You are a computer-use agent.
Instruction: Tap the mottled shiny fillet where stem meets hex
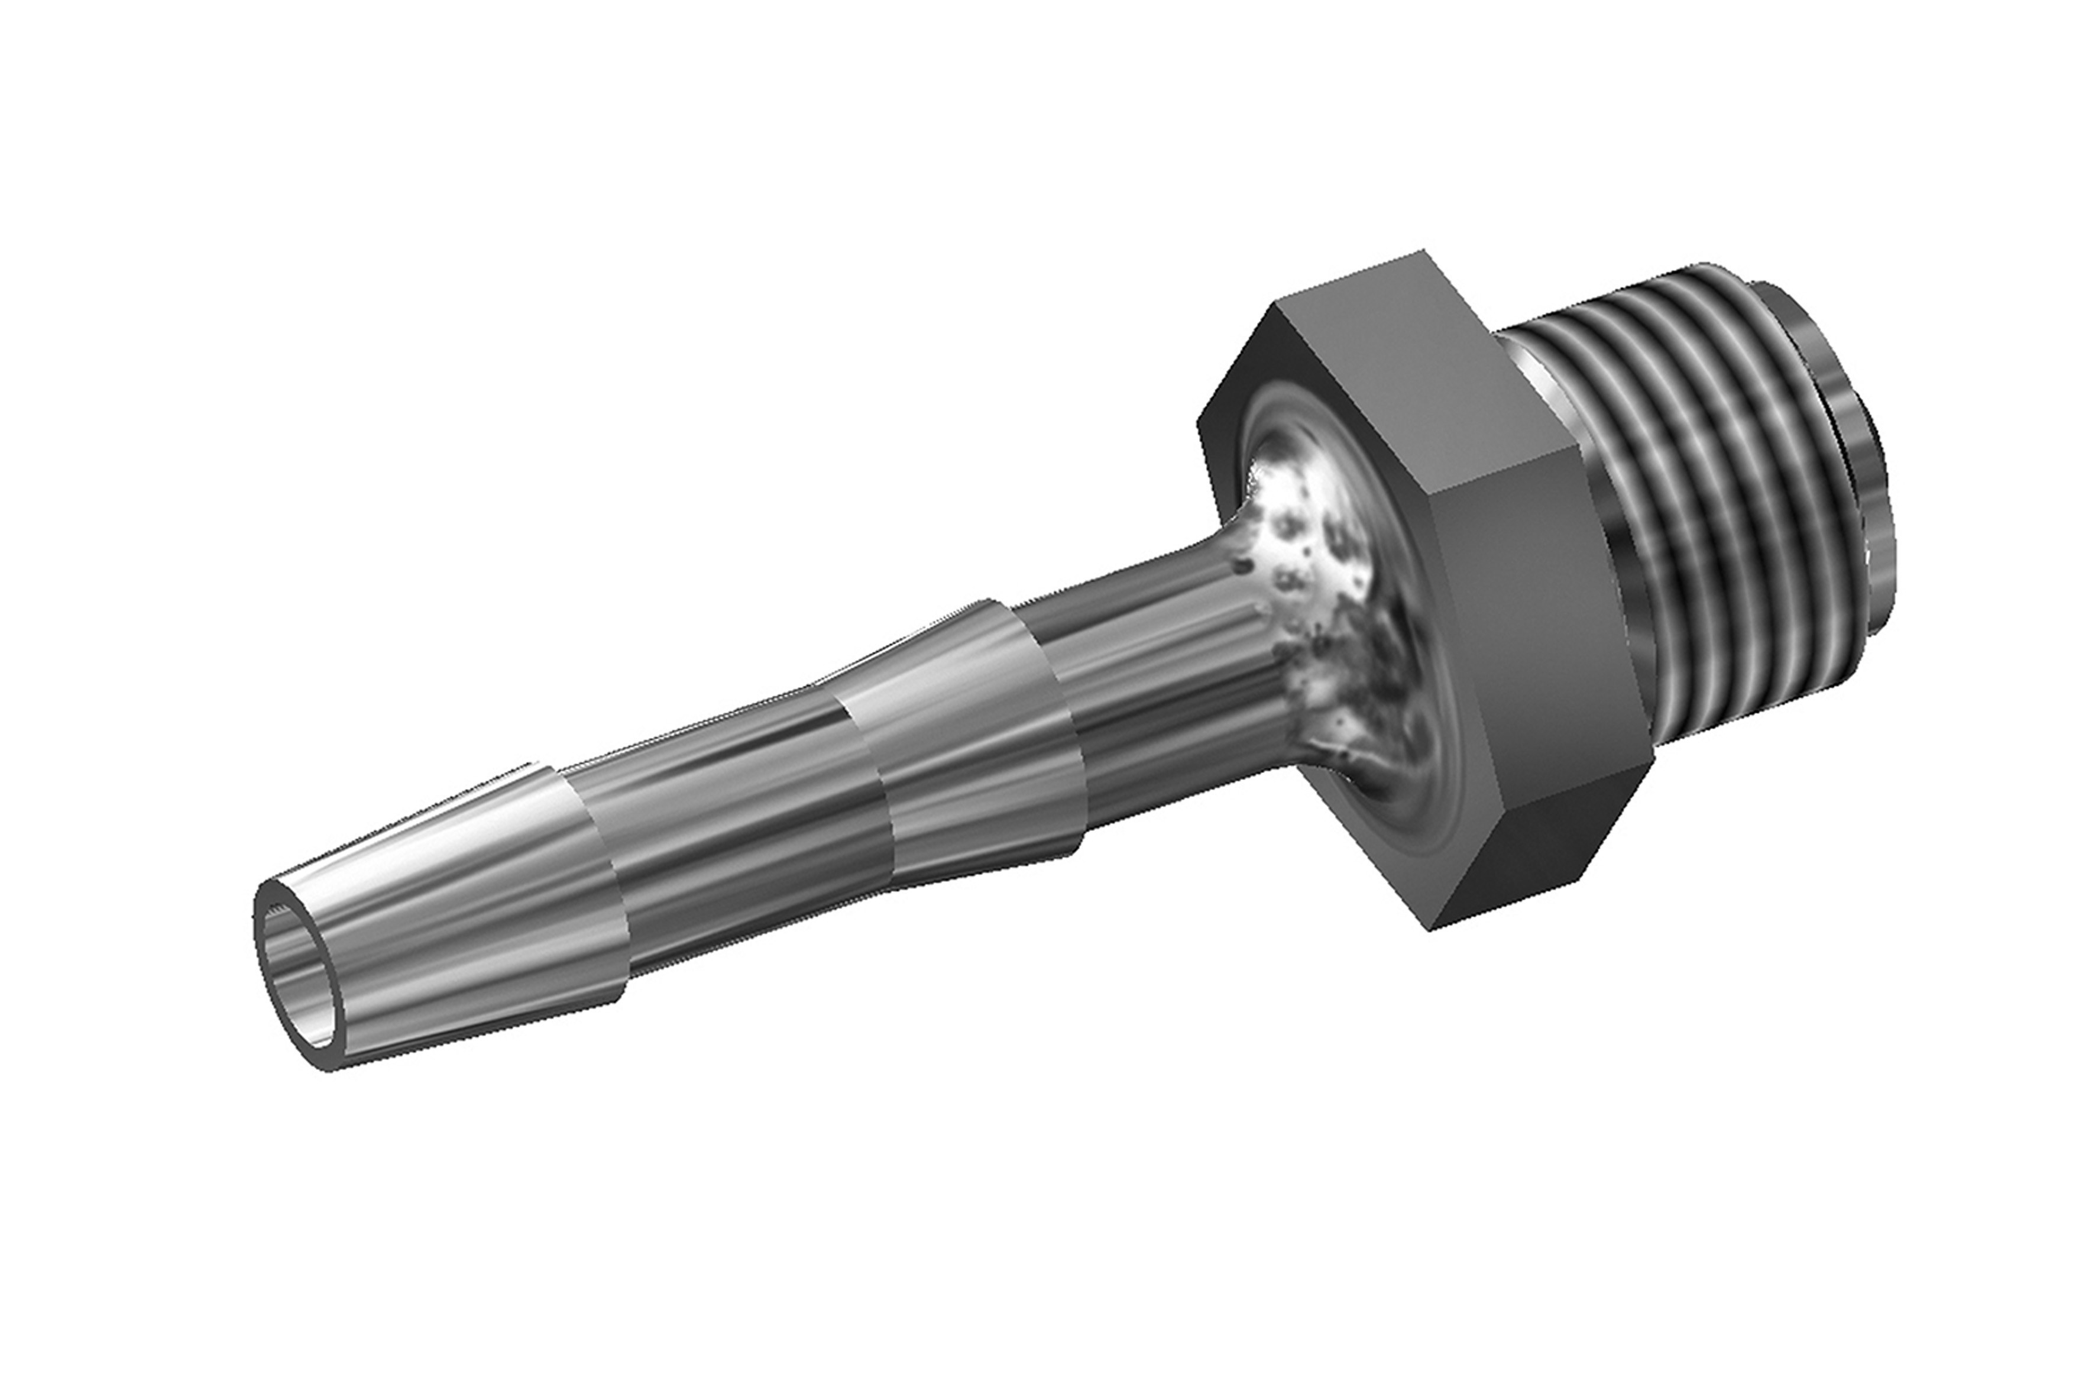(1318, 588)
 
